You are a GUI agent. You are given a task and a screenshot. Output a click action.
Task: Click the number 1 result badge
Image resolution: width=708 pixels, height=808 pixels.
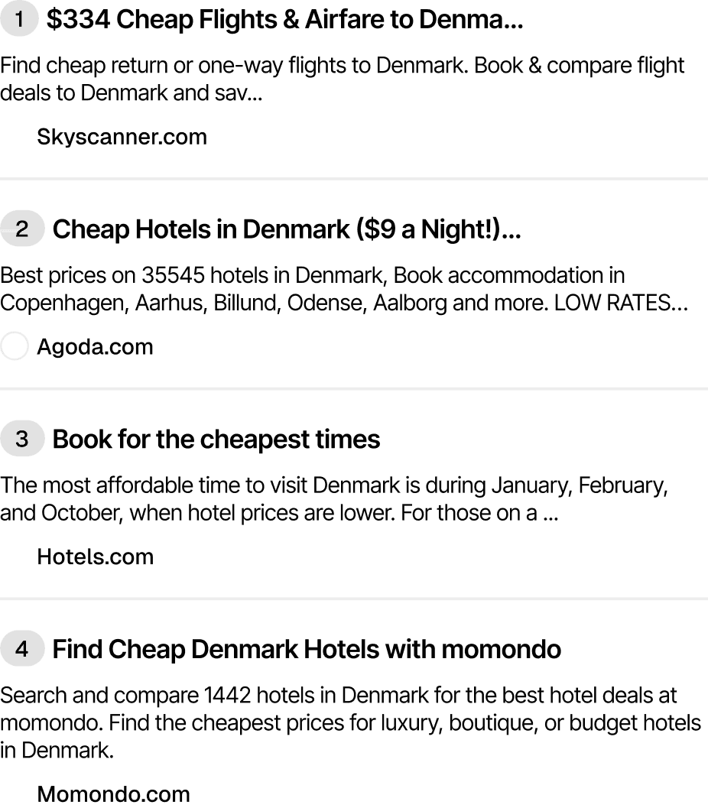point(19,21)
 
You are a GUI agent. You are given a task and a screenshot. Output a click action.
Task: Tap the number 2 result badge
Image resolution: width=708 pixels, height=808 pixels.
point(22,229)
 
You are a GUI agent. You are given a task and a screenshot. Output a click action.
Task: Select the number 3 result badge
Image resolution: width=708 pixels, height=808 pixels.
point(22,440)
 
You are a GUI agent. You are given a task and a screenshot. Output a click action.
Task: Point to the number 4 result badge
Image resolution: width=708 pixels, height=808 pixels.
point(22,650)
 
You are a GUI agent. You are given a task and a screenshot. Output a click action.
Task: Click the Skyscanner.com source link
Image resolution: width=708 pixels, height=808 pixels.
point(122,138)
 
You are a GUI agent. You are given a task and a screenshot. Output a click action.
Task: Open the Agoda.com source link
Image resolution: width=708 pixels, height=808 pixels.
point(95,347)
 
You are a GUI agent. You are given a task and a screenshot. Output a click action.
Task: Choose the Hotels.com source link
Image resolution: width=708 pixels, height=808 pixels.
point(95,557)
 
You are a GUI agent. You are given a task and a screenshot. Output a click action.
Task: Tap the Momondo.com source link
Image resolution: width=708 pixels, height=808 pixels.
point(113,794)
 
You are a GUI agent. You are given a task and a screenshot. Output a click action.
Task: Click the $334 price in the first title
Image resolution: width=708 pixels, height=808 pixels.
point(79,21)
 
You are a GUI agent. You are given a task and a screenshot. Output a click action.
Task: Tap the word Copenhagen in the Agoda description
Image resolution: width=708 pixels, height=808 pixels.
point(62,303)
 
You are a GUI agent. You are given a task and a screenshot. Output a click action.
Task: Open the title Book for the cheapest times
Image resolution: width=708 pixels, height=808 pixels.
point(216,440)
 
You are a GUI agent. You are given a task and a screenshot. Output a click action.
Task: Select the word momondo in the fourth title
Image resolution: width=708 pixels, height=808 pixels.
point(502,650)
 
